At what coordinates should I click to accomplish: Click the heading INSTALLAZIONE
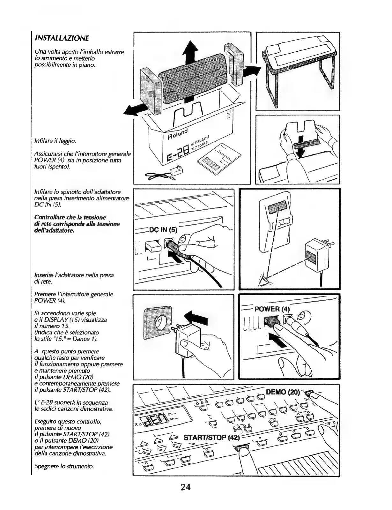pyautogui.click(x=62, y=38)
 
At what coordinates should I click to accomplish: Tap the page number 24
pyautogui.click(x=185, y=487)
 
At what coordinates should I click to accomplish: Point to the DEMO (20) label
pyautogui.click(x=283, y=392)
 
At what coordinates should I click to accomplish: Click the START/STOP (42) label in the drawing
pyautogui.click(x=211, y=437)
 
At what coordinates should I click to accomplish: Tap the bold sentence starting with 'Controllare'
pyautogui.click(x=77, y=224)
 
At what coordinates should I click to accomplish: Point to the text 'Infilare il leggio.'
pyautogui.click(x=55, y=141)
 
